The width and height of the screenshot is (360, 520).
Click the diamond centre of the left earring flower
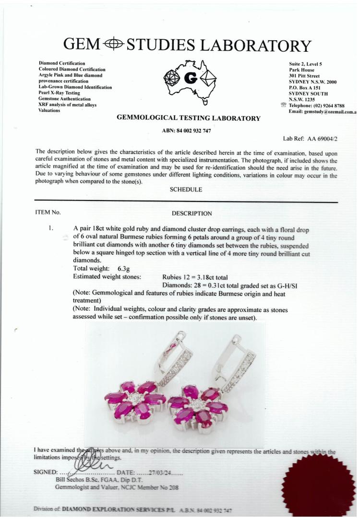[135, 397]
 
